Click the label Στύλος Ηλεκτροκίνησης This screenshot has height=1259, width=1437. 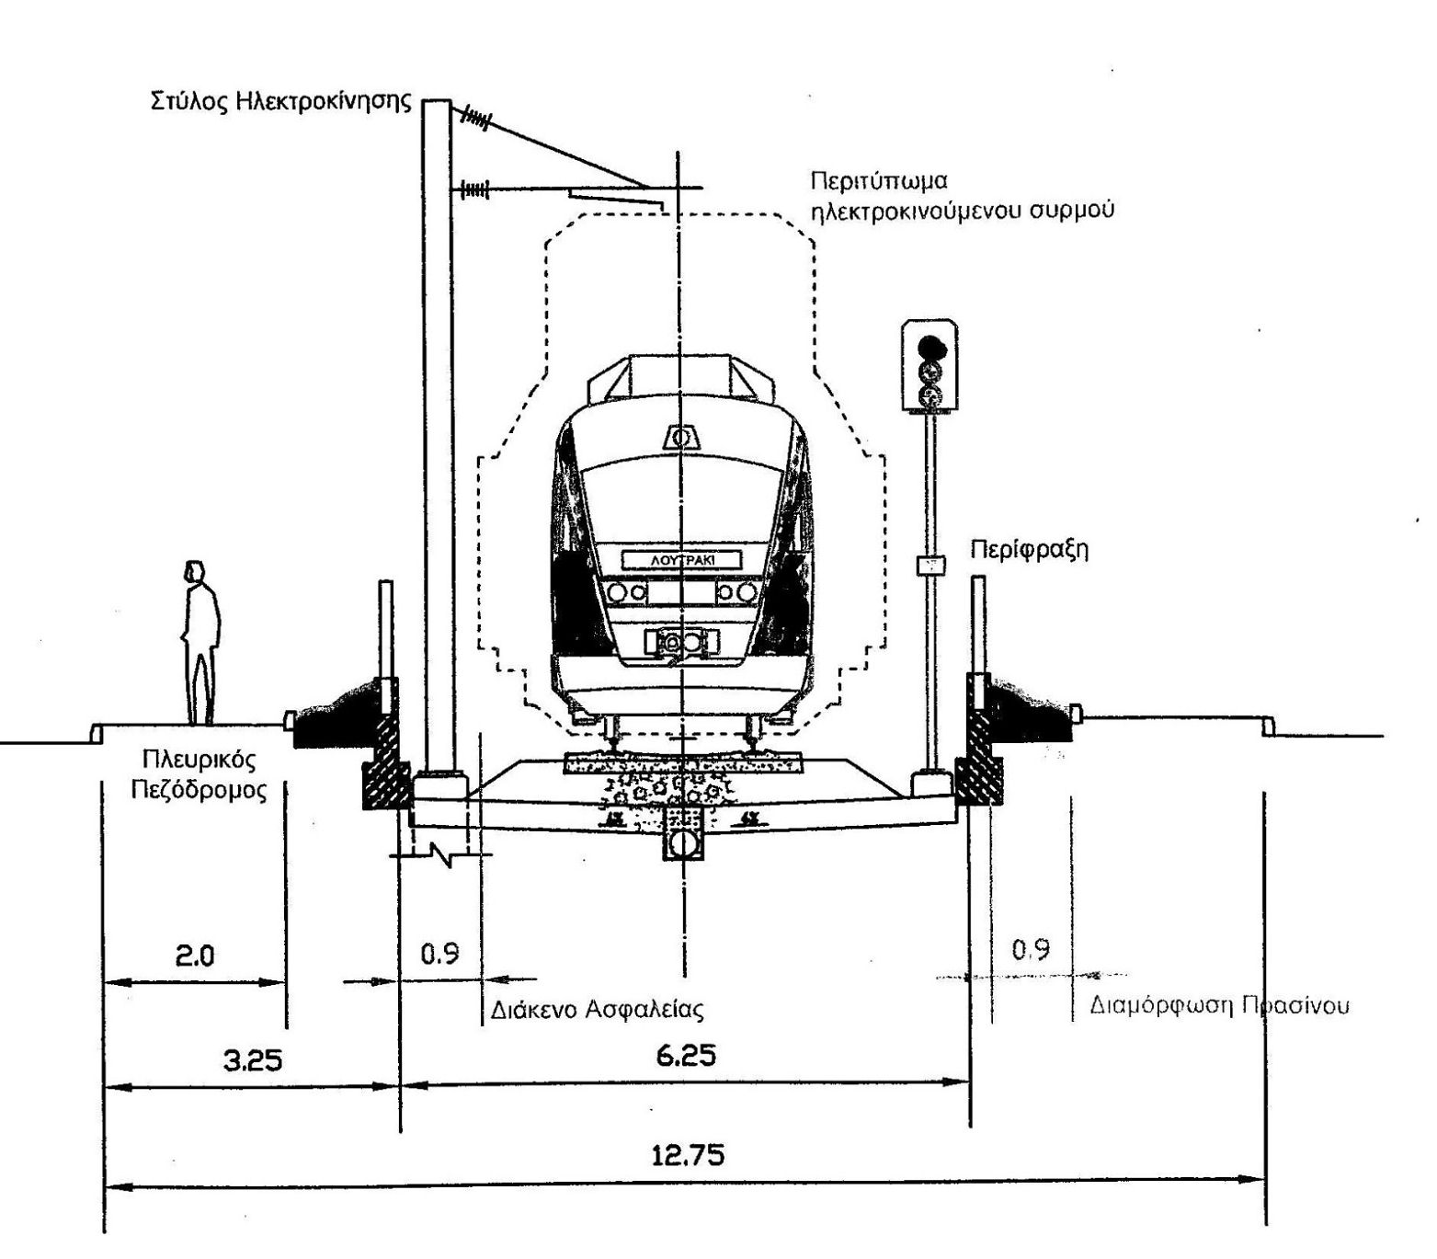pyautogui.click(x=280, y=101)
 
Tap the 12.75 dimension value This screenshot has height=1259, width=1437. pyautogui.click(x=687, y=1155)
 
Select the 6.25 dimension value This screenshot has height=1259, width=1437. pyautogui.click(x=686, y=1056)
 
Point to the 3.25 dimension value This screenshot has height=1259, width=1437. pyautogui.click(x=252, y=1060)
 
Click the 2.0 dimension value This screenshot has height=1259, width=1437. pyautogui.click(x=195, y=956)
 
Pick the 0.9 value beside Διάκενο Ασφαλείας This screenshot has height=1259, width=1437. pyautogui.click(x=439, y=954)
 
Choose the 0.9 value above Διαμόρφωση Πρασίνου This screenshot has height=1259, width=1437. pyautogui.click(x=1031, y=949)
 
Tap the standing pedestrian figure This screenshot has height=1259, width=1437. pyautogui.click(x=200, y=643)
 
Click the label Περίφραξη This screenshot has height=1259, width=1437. pyautogui.click(x=1030, y=550)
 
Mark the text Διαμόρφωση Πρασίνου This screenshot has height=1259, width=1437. pyautogui.click(x=1219, y=1004)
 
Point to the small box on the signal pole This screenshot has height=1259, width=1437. pyautogui.click(x=930, y=566)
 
